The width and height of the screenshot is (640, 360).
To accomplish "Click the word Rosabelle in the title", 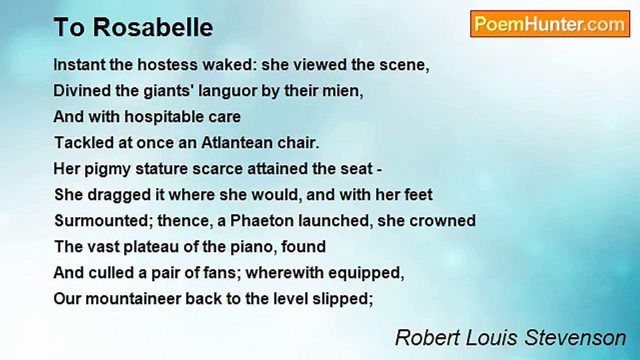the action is point(153,27).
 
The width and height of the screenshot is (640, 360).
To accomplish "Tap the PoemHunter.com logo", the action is point(550,24).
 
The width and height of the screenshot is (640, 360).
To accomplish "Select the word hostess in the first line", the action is point(167,65).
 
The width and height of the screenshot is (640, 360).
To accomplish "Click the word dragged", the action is point(119,195).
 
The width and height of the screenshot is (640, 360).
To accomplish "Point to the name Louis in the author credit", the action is point(491,338).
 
